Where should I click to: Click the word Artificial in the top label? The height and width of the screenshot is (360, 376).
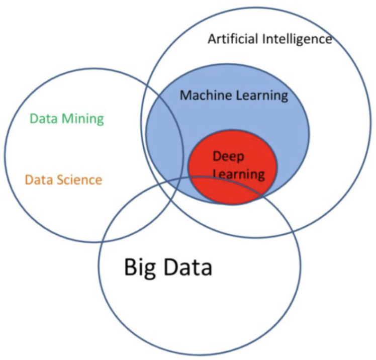point(233,39)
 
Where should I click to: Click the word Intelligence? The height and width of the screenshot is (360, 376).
point(298,39)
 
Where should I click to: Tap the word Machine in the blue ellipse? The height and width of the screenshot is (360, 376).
point(203,95)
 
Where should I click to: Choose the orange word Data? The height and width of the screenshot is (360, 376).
point(37,179)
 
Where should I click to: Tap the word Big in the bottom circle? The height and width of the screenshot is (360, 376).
point(140,267)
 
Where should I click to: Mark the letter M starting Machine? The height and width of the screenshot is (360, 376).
point(185,95)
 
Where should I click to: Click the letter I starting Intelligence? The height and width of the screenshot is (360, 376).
point(266,39)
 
